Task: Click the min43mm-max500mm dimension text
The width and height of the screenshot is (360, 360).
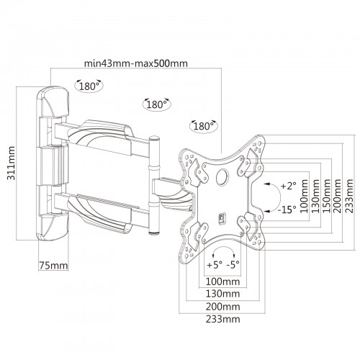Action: [136, 63]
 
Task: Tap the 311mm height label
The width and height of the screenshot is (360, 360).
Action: [11, 163]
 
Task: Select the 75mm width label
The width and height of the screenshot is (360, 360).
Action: [53, 266]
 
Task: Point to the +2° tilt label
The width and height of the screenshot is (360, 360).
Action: [289, 186]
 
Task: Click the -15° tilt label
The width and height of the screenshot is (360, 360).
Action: [287, 210]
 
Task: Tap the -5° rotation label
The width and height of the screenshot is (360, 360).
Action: [233, 264]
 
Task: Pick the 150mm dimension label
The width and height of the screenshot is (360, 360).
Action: [326, 197]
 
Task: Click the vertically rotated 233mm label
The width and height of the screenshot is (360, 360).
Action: [349, 197]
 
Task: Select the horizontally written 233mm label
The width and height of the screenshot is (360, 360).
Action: [223, 319]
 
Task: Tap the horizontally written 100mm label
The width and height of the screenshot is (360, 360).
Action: [223, 282]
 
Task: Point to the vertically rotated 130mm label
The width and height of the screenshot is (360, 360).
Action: [315, 197]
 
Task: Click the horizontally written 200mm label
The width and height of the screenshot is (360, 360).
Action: [223, 307]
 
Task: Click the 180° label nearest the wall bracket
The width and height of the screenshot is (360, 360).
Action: [89, 86]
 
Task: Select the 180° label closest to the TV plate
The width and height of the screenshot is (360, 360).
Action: [204, 126]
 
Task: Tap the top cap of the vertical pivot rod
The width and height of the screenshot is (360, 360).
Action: [154, 139]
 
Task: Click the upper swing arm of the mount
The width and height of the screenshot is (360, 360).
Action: [101, 137]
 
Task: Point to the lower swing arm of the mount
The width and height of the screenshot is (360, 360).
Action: [101, 211]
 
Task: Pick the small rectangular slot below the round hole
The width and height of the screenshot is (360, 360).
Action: [222, 218]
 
